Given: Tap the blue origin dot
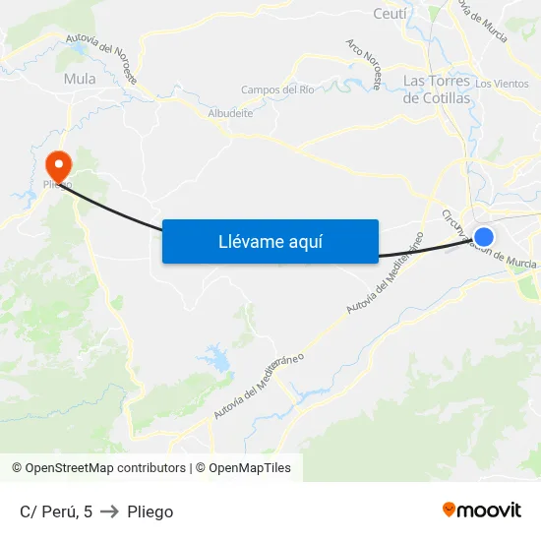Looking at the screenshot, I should coord(484,236).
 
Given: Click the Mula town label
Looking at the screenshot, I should coord(80,79).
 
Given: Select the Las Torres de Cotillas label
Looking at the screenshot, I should coord(438,89).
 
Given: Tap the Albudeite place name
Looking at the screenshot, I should coord(230,113).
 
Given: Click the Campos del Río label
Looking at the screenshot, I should coord(277,90).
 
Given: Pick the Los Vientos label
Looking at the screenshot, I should coord(502,84).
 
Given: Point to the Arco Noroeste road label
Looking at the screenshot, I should coord(363,65).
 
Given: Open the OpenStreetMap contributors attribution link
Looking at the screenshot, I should coord(99,468).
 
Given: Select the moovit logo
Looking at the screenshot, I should coord(481,510).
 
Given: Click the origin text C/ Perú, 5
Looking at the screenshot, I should coord(56,511).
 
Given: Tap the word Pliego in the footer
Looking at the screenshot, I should coord(150,511).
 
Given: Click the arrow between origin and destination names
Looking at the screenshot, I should coord(109,511).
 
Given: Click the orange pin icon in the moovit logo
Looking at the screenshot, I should coord(449,510).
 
